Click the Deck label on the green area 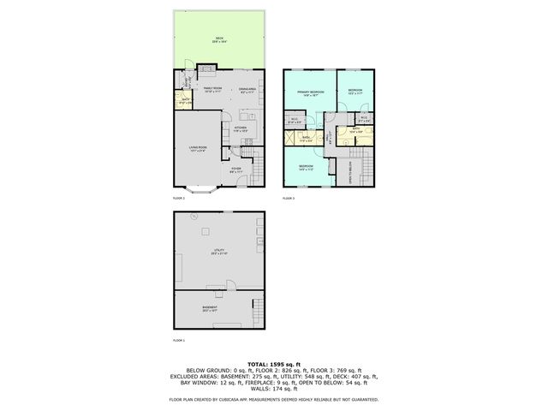click(219, 39)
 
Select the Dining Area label click(248, 90)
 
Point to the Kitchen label click(241, 128)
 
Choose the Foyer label click(236, 170)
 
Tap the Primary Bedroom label click(308, 93)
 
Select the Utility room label click(218, 252)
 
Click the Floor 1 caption click(179, 342)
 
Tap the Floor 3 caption click(289, 199)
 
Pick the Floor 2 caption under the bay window click(179, 199)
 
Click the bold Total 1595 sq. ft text click(274, 364)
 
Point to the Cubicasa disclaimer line click(274, 399)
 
